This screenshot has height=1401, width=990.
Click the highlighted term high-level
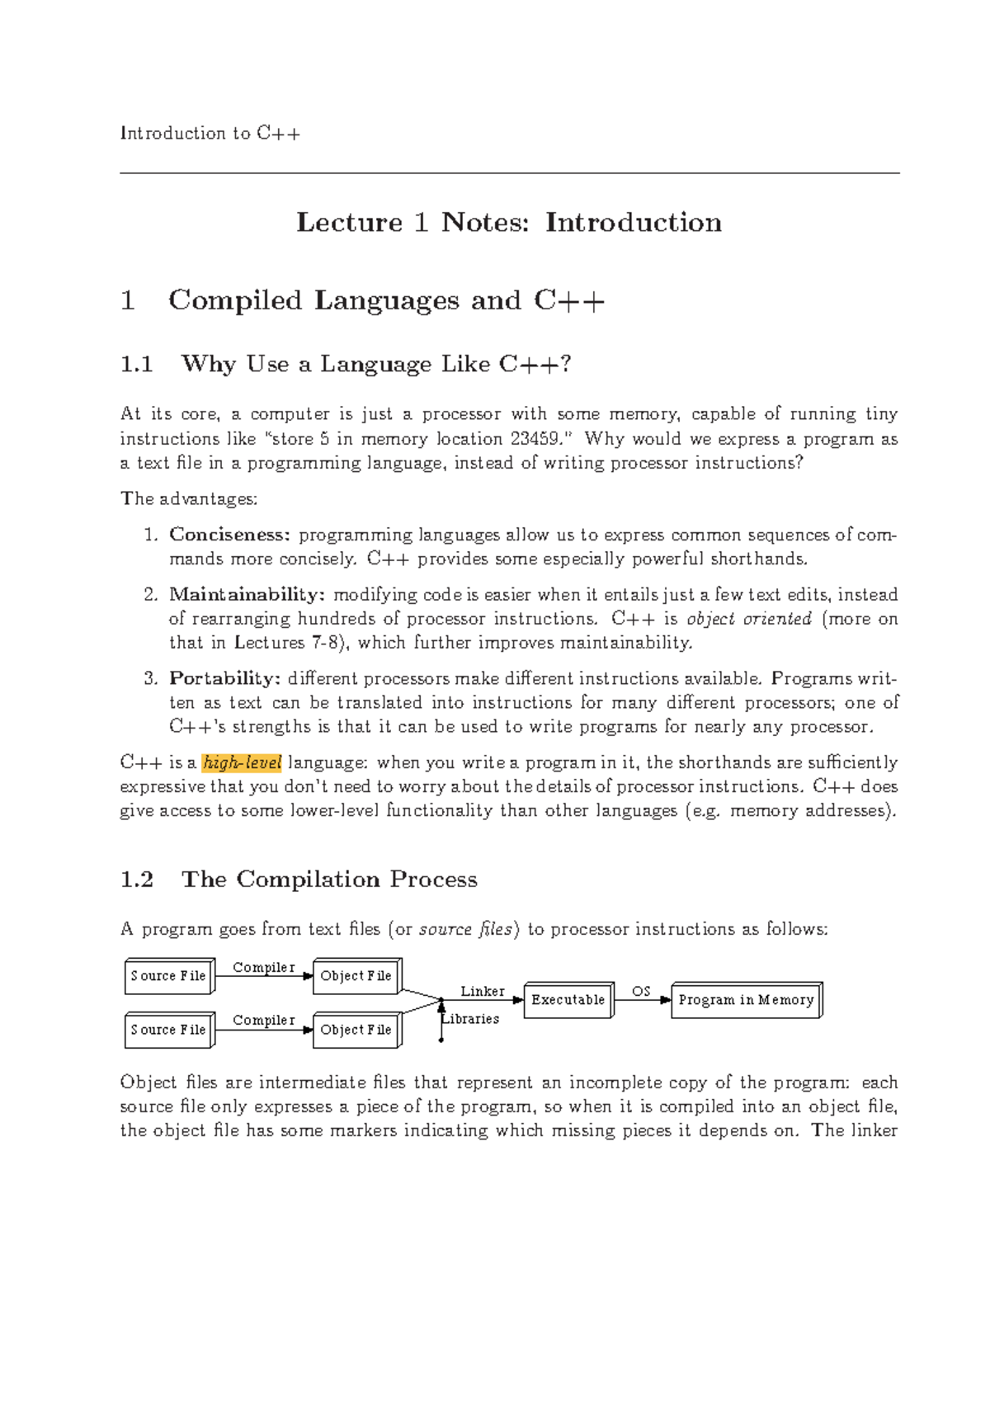point(242,762)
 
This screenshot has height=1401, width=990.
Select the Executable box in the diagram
point(568,1000)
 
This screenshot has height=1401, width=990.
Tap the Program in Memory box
point(746,1000)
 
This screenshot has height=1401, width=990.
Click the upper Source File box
point(168,976)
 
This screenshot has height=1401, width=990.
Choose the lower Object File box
point(356,1030)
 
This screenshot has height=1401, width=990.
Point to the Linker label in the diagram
point(483,991)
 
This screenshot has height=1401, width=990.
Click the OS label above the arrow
point(641,991)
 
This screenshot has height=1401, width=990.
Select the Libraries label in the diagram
point(471,1019)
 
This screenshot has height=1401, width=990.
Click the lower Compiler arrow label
point(263,1021)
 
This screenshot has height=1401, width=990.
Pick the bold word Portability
point(224,678)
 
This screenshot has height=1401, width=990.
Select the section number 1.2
point(137,880)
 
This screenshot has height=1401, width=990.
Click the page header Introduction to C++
point(210,134)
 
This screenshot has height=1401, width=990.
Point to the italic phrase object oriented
point(748,619)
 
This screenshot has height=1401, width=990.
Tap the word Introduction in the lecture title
point(633,223)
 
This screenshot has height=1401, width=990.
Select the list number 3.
point(149,678)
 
